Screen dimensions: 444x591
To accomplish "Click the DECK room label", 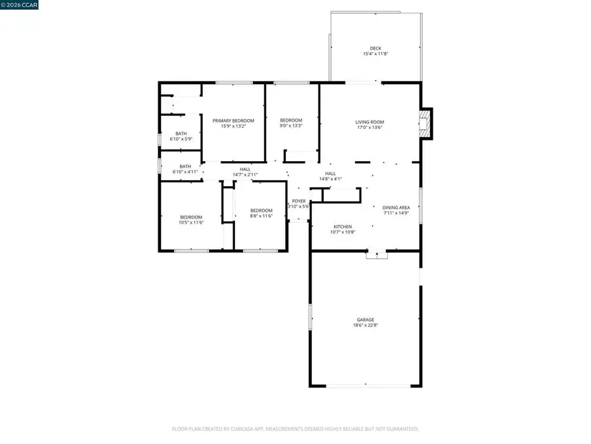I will point(375,48).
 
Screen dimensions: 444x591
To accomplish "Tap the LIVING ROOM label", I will point(369,122).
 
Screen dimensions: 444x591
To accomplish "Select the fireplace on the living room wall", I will point(426,124).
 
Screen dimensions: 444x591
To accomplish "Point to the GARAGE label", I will point(366,320).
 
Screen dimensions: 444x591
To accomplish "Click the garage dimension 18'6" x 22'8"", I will point(366,325).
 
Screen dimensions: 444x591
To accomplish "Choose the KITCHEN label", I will point(342,226).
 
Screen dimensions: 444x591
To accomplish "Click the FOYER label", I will point(299,201).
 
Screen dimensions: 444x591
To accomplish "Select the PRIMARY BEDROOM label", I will point(233,121).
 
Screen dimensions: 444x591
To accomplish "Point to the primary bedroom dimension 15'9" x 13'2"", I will point(233,126).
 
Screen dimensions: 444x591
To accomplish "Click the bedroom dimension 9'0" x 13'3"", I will point(291,126).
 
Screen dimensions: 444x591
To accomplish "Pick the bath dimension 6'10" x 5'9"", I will point(181,139).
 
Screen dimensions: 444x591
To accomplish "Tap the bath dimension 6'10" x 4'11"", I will point(185,172).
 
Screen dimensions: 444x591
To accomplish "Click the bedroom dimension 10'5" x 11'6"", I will point(192,222).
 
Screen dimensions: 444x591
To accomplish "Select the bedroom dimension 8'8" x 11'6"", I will point(261,216).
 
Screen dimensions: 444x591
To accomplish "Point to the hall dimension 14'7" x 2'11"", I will point(245,174).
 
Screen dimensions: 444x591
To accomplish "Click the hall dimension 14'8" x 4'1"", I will point(330,178).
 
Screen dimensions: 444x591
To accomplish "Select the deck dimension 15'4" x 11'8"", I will point(375,54).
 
